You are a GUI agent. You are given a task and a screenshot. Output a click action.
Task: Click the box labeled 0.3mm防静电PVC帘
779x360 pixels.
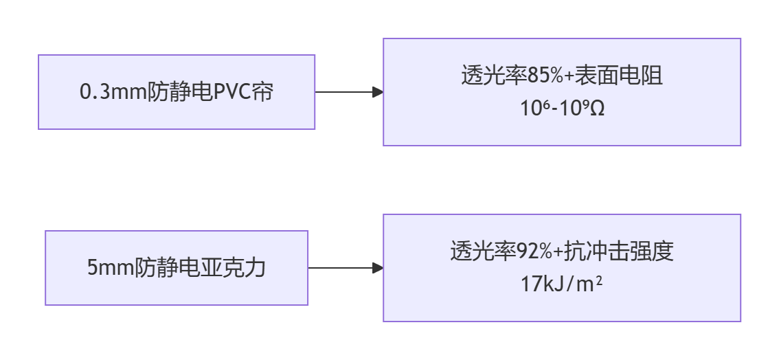177,92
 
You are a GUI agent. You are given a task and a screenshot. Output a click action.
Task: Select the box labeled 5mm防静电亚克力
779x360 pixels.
177,268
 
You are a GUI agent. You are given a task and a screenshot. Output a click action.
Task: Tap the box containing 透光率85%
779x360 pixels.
561,92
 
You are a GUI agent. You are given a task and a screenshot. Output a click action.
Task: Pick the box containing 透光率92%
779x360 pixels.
561,268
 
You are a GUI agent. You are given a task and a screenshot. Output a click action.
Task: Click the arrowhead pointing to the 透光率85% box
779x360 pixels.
377,92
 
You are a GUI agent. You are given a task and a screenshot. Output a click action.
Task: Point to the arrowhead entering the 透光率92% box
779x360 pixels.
377,268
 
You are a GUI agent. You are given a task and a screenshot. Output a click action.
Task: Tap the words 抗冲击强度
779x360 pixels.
618,251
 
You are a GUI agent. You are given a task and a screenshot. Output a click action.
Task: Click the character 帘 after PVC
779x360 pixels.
262,92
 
